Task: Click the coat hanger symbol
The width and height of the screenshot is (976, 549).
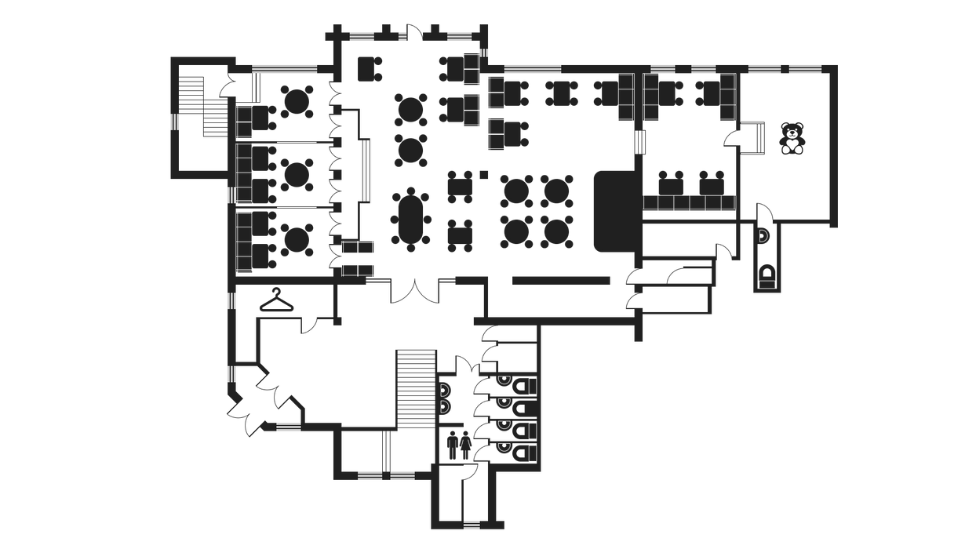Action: (x=276, y=301)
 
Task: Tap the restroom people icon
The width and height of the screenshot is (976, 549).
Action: (x=458, y=444)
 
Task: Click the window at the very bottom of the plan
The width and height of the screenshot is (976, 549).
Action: (x=472, y=525)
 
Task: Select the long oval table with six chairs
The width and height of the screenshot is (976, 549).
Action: (x=411, y=220)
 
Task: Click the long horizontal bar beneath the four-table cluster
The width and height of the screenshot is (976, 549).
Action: (x=560, y=280)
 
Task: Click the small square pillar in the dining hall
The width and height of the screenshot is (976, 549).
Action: (x=484, y=175)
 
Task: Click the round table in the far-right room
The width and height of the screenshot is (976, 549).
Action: (x=792, y=139)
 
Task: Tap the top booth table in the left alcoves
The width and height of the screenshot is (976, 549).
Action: (x=297, y=102)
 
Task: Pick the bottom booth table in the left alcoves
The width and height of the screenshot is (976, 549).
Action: (x=297, y=240)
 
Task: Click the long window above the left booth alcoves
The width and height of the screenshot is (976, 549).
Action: (x=284, y=69)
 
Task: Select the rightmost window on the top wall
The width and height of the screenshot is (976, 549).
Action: (x=805, y=69)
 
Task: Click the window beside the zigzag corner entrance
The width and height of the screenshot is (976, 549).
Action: (x=288, y=427)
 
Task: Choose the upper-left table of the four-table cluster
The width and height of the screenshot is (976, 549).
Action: (x=516, y=191)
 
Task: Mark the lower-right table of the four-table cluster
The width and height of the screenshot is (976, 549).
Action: (x=557, y=231)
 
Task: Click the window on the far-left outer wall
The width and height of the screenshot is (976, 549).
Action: (x=174, y=122)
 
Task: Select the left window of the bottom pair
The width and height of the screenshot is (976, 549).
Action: (x=370, y=476)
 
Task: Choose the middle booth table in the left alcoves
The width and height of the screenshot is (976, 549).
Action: (x=297, y=175)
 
